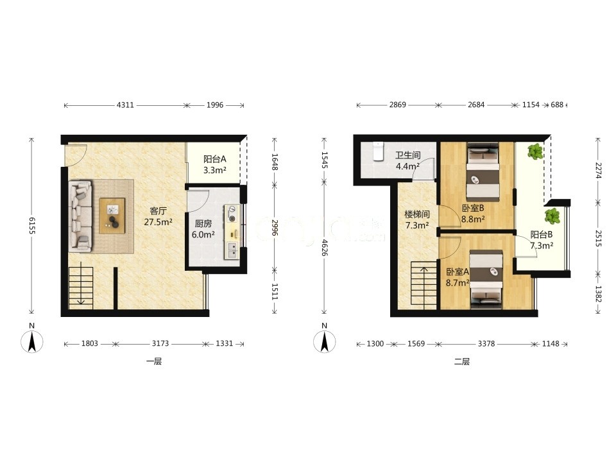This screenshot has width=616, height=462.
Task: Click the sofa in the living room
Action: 81,216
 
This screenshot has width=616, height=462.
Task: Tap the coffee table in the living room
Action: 112,216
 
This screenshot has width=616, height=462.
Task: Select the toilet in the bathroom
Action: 378,151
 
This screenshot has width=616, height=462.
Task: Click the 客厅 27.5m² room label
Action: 158,216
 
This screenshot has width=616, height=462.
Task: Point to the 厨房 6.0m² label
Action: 203,229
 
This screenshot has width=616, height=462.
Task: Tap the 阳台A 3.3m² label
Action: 215,165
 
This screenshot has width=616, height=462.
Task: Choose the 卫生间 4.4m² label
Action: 408,160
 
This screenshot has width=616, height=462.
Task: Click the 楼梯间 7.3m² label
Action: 417,219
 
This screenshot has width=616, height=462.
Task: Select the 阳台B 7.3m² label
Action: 542,240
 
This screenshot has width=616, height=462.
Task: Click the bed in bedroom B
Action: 483,171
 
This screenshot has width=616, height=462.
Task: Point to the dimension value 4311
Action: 125,105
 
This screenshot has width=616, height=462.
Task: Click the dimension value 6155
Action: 32,226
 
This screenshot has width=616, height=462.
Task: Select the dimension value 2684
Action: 476,105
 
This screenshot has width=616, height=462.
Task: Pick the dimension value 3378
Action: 486,344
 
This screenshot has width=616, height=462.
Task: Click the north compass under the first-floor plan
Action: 32,341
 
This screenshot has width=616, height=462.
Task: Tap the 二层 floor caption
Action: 462,361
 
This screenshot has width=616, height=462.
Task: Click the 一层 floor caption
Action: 154,361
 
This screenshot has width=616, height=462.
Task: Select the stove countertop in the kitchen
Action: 232,232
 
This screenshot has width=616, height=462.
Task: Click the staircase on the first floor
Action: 81,287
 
